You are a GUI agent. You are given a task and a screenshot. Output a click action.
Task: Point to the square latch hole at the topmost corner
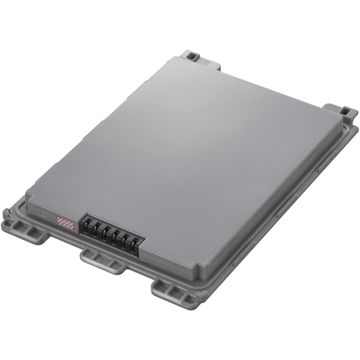point(191,56)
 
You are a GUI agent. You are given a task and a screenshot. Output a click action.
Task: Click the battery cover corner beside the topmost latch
point(178,58)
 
